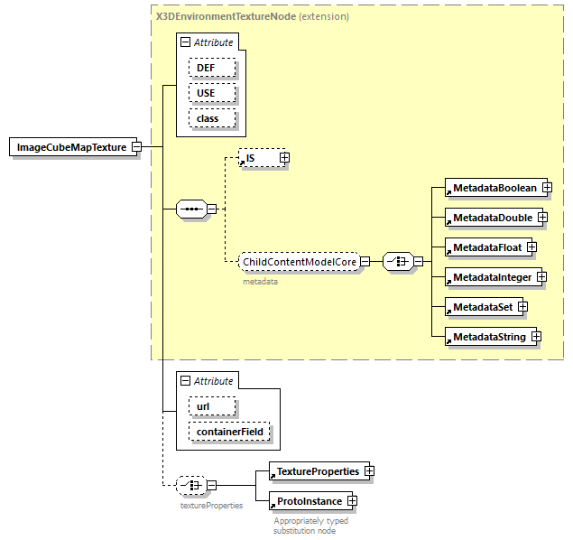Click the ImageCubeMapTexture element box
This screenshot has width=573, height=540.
tap(71, 147)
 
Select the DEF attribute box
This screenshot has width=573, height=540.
tap(212, 68)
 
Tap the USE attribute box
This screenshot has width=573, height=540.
tap(212, 93)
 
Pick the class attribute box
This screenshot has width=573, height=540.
tap(212, 118)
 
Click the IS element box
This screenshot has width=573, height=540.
tap(257, 158)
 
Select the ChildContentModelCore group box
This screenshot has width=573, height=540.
tap(299, 262)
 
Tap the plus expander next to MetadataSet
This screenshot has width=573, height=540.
tap(522, 307)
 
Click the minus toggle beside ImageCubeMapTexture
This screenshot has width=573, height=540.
tap(135, 147)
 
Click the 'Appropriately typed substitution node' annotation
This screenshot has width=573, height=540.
tap(311, 526)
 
